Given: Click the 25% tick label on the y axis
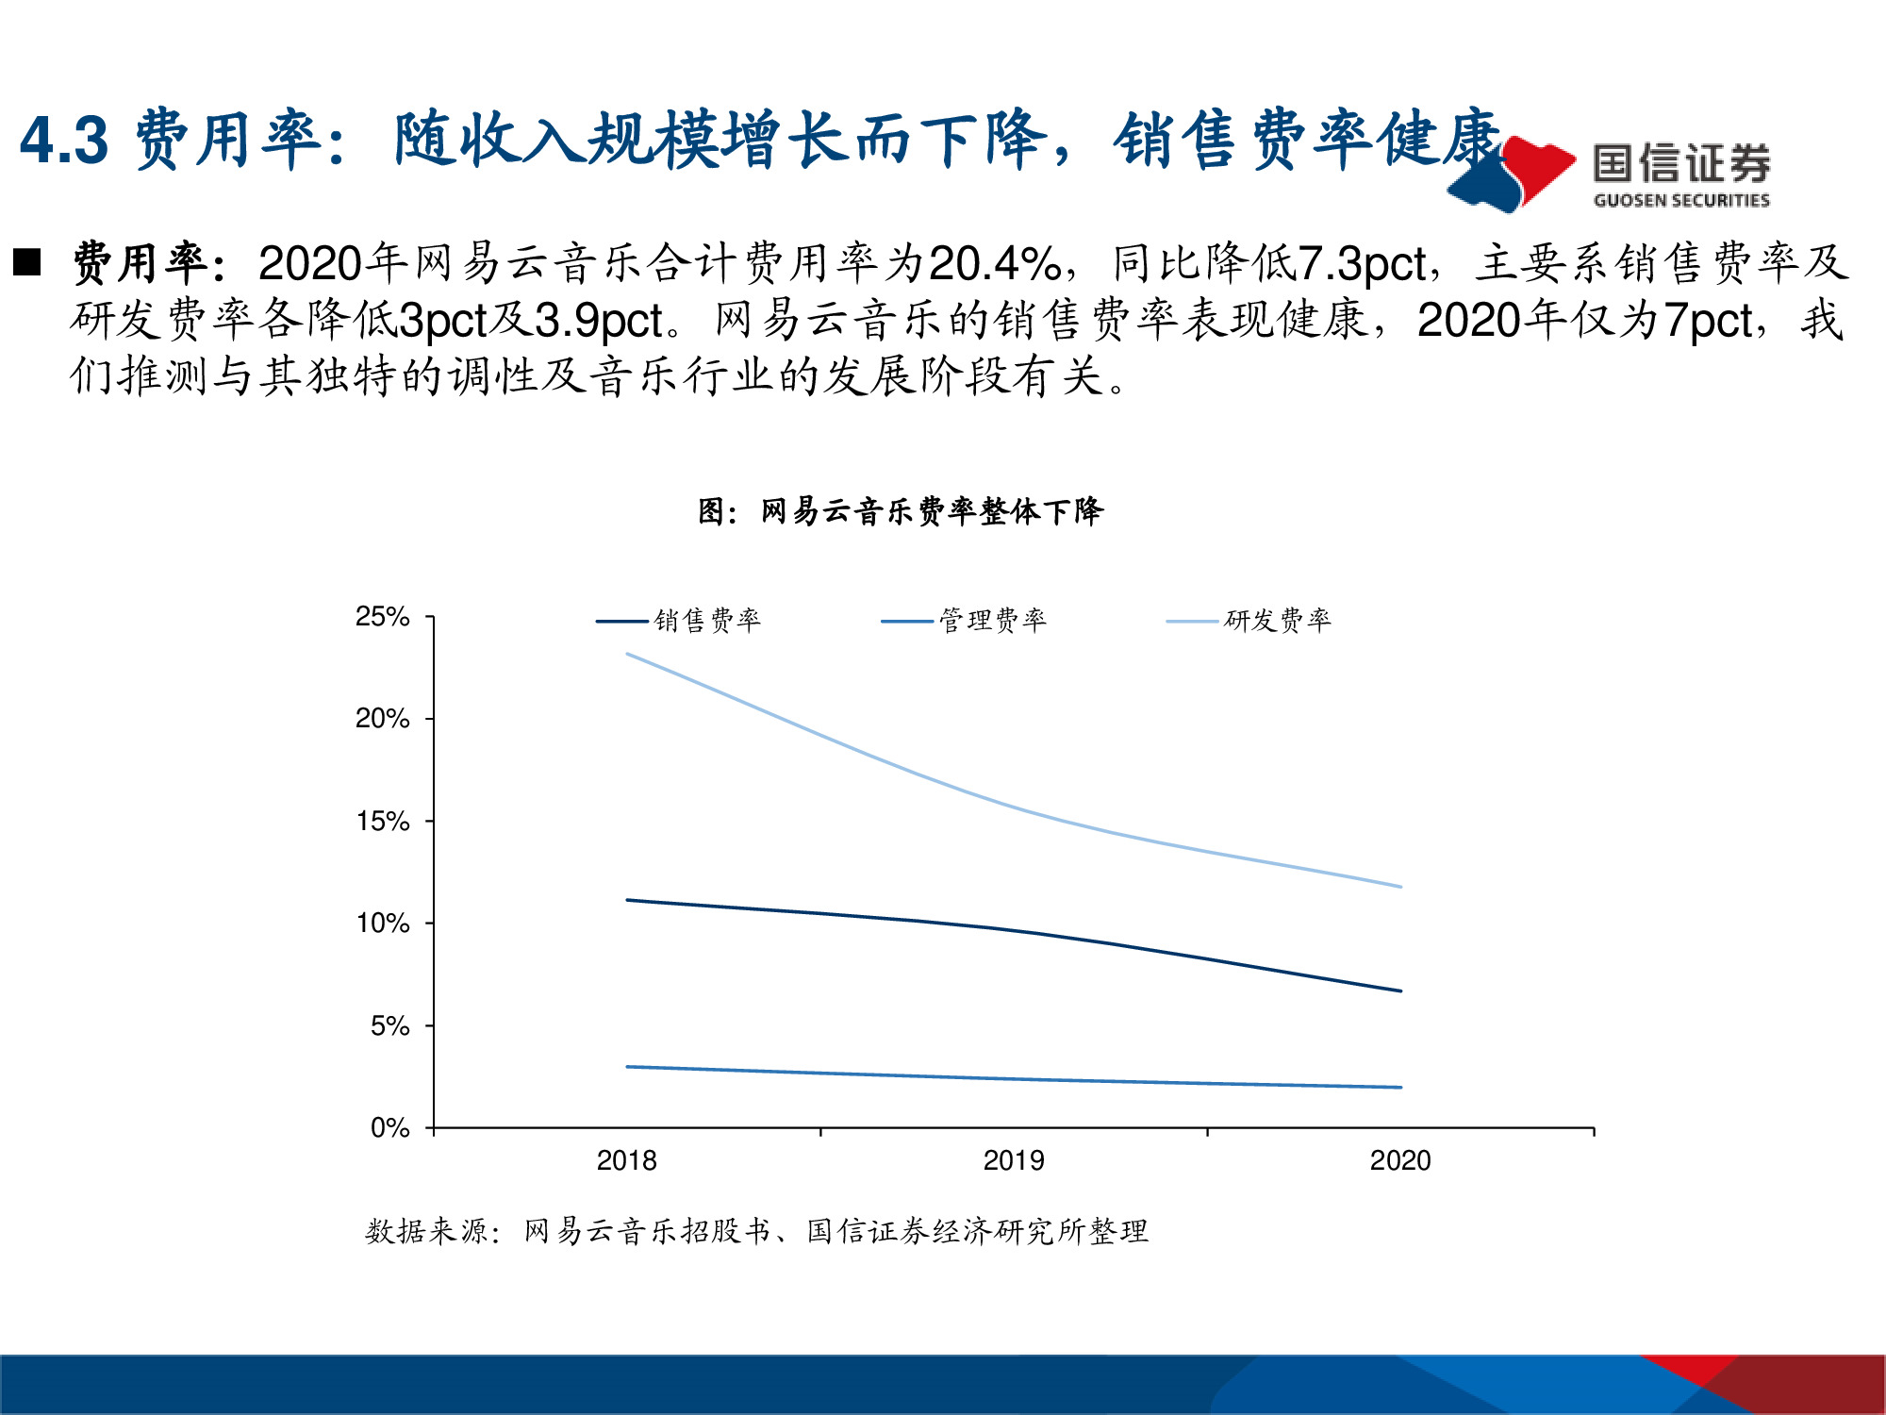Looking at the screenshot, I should (x=382, y=617).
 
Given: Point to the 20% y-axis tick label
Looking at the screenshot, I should (x=382, y=719).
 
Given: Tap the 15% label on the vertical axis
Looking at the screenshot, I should (x=382, y=822).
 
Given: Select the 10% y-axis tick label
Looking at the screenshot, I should (x=382, y=924).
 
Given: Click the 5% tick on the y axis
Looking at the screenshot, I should (x=389, y=1025).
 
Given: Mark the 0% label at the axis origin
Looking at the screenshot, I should (x=389, y=1127).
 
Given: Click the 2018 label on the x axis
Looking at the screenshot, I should (x=626, y=1160).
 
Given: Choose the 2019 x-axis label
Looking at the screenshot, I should (x=1014, y=1160).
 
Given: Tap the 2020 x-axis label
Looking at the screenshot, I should (x=1400, y=1160).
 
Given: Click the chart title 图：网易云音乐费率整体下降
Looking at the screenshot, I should (x=901, y=511).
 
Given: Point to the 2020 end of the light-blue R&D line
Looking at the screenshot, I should (x=1400, y=887).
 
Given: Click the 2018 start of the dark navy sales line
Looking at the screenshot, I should (x=628, y=900).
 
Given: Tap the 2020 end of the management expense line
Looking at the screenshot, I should (x=1400, y=1088).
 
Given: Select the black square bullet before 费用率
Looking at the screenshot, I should (x=27, y=262).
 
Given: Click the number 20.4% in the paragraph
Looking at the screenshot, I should (x=995, y=264).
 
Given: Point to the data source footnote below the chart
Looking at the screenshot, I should (x=756, y=1231).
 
